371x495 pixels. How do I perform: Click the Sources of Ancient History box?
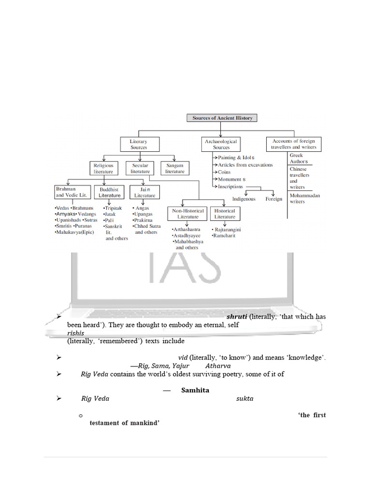pyautogui.click(x=222, y=118)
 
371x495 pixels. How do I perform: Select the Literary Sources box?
pyautogui.click(x=139, y=144)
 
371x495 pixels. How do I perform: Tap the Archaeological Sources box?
pyautogui.click(x=221, y=144)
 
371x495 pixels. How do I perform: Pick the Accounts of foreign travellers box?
pyautogui.click(x=294, y=144)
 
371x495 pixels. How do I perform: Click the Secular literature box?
pyautogui.click(x=140, y=168)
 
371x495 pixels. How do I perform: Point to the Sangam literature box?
pyautogui.click(x=175, y=168)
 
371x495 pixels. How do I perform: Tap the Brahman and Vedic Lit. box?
pyautogui.click(x=72, y=192)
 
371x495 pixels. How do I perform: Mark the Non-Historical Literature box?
pyautogui.click(x=188, y=214)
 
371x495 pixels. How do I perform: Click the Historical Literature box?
pyautogui.click(x=225, y=214)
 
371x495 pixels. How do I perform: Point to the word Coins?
pyautogui.click(x=224, y=172)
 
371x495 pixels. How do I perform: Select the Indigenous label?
pyautogui.click(x=244, y=199)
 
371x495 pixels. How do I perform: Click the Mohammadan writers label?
pyautogui.click(x=305, y=198)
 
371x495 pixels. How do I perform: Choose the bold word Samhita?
pyautogui.click(x=195, y=390)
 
